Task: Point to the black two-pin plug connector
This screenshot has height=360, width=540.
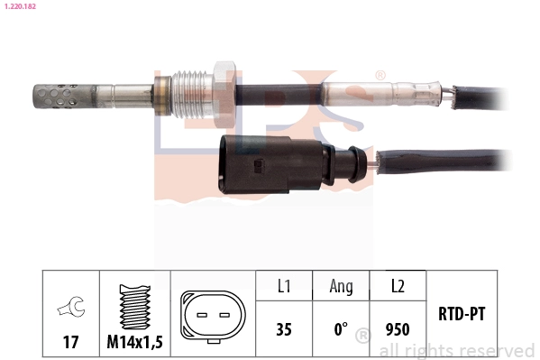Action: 257,163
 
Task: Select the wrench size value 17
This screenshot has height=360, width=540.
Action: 70,343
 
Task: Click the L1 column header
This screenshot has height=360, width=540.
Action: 283,286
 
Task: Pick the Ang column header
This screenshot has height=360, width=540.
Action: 341,286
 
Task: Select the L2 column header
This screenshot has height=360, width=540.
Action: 397,286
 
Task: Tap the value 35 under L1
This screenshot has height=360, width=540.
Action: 283,329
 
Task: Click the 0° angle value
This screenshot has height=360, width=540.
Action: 341,329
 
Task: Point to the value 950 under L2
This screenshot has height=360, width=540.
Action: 397,329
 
